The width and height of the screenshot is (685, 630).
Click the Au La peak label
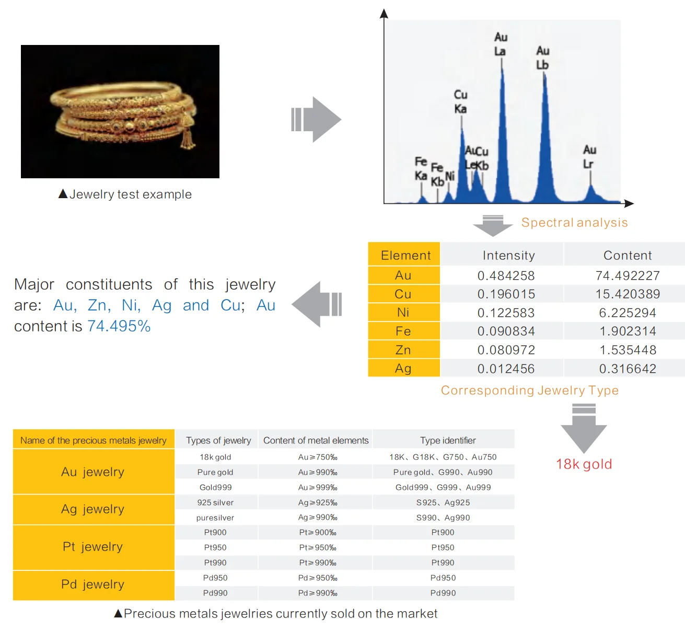coord(501,44)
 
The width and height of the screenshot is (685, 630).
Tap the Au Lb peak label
coord(542,58)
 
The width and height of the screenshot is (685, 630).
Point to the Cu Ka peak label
coord(460,101)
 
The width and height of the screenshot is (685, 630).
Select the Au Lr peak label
coord(589,156)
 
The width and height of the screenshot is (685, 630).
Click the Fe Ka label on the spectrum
coord(421,168)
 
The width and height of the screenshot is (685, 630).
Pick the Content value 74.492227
coord(628,276)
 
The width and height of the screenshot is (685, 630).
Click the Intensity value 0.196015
coord(506,294)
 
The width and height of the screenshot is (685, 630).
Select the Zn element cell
coord(403,350)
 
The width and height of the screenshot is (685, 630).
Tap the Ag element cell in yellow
coord(403,368)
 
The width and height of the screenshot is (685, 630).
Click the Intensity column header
coord(508,255)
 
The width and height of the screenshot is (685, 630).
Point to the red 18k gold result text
coord(584,464)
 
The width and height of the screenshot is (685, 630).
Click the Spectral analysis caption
coord(574,222)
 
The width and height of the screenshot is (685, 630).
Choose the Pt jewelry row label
coord(93,547)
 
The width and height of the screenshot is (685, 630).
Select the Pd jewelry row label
coord(93,585)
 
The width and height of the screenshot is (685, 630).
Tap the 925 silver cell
coord(215,502)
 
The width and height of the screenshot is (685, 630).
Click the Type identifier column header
coord(448,440)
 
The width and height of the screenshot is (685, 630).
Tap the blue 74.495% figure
coord(119,326)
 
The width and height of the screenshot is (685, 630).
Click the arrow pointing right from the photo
coord(316,119)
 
